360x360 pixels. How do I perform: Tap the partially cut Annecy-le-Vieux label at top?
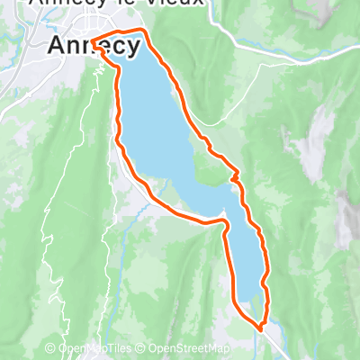(117, 4)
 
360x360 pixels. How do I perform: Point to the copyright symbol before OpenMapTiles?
(51, 349)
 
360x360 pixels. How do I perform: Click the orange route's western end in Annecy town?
(94, 40)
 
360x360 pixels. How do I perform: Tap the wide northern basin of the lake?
(153, 108)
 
